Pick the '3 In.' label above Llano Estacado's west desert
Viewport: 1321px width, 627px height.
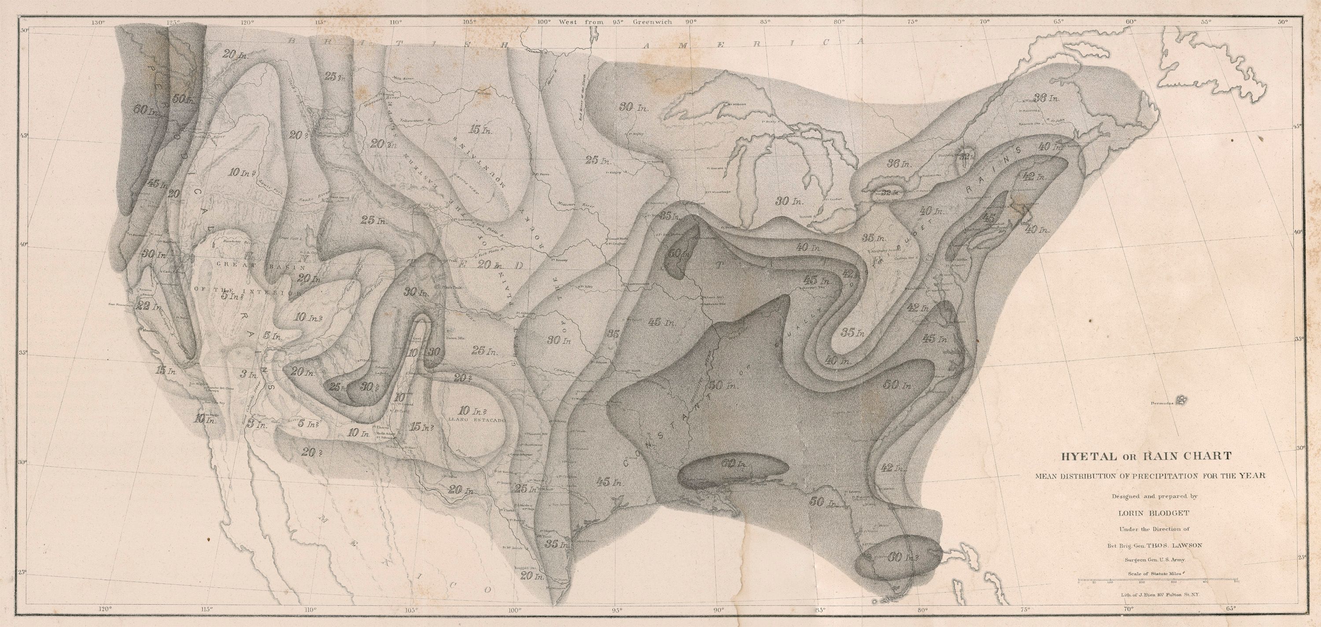click(x=250, y=374)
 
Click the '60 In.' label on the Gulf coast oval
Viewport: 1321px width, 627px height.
click(x=734, y=464)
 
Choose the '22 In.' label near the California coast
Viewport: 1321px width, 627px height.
click(x=149, y=307)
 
